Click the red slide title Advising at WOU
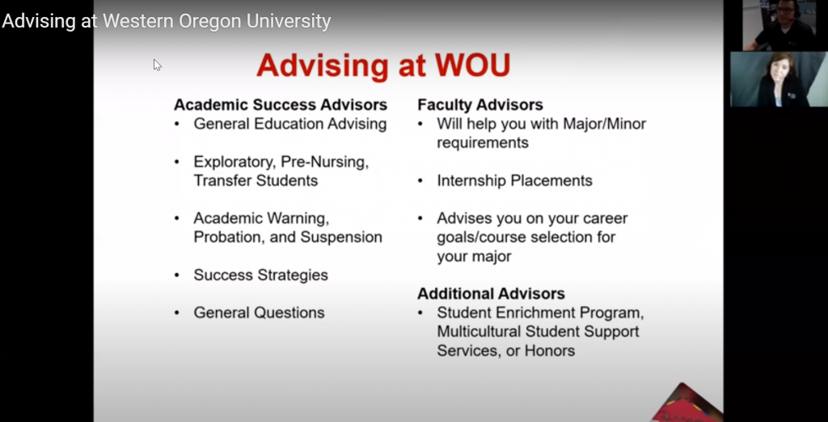point(383,65)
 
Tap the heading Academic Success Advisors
point(281,105)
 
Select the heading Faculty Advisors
point(480,105)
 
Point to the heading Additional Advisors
point(491,293)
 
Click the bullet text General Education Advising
point(289,124)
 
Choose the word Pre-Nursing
point(324,162)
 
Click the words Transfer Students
point(256,180)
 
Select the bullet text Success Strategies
point(260,275)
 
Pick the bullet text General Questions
point(259,313)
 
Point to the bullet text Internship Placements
point(514,180)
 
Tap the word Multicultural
point(487,331)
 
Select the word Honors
point(549,351)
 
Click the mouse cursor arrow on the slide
point(157,65)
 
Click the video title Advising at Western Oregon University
point(167,22)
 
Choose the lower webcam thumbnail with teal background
point(779,79)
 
